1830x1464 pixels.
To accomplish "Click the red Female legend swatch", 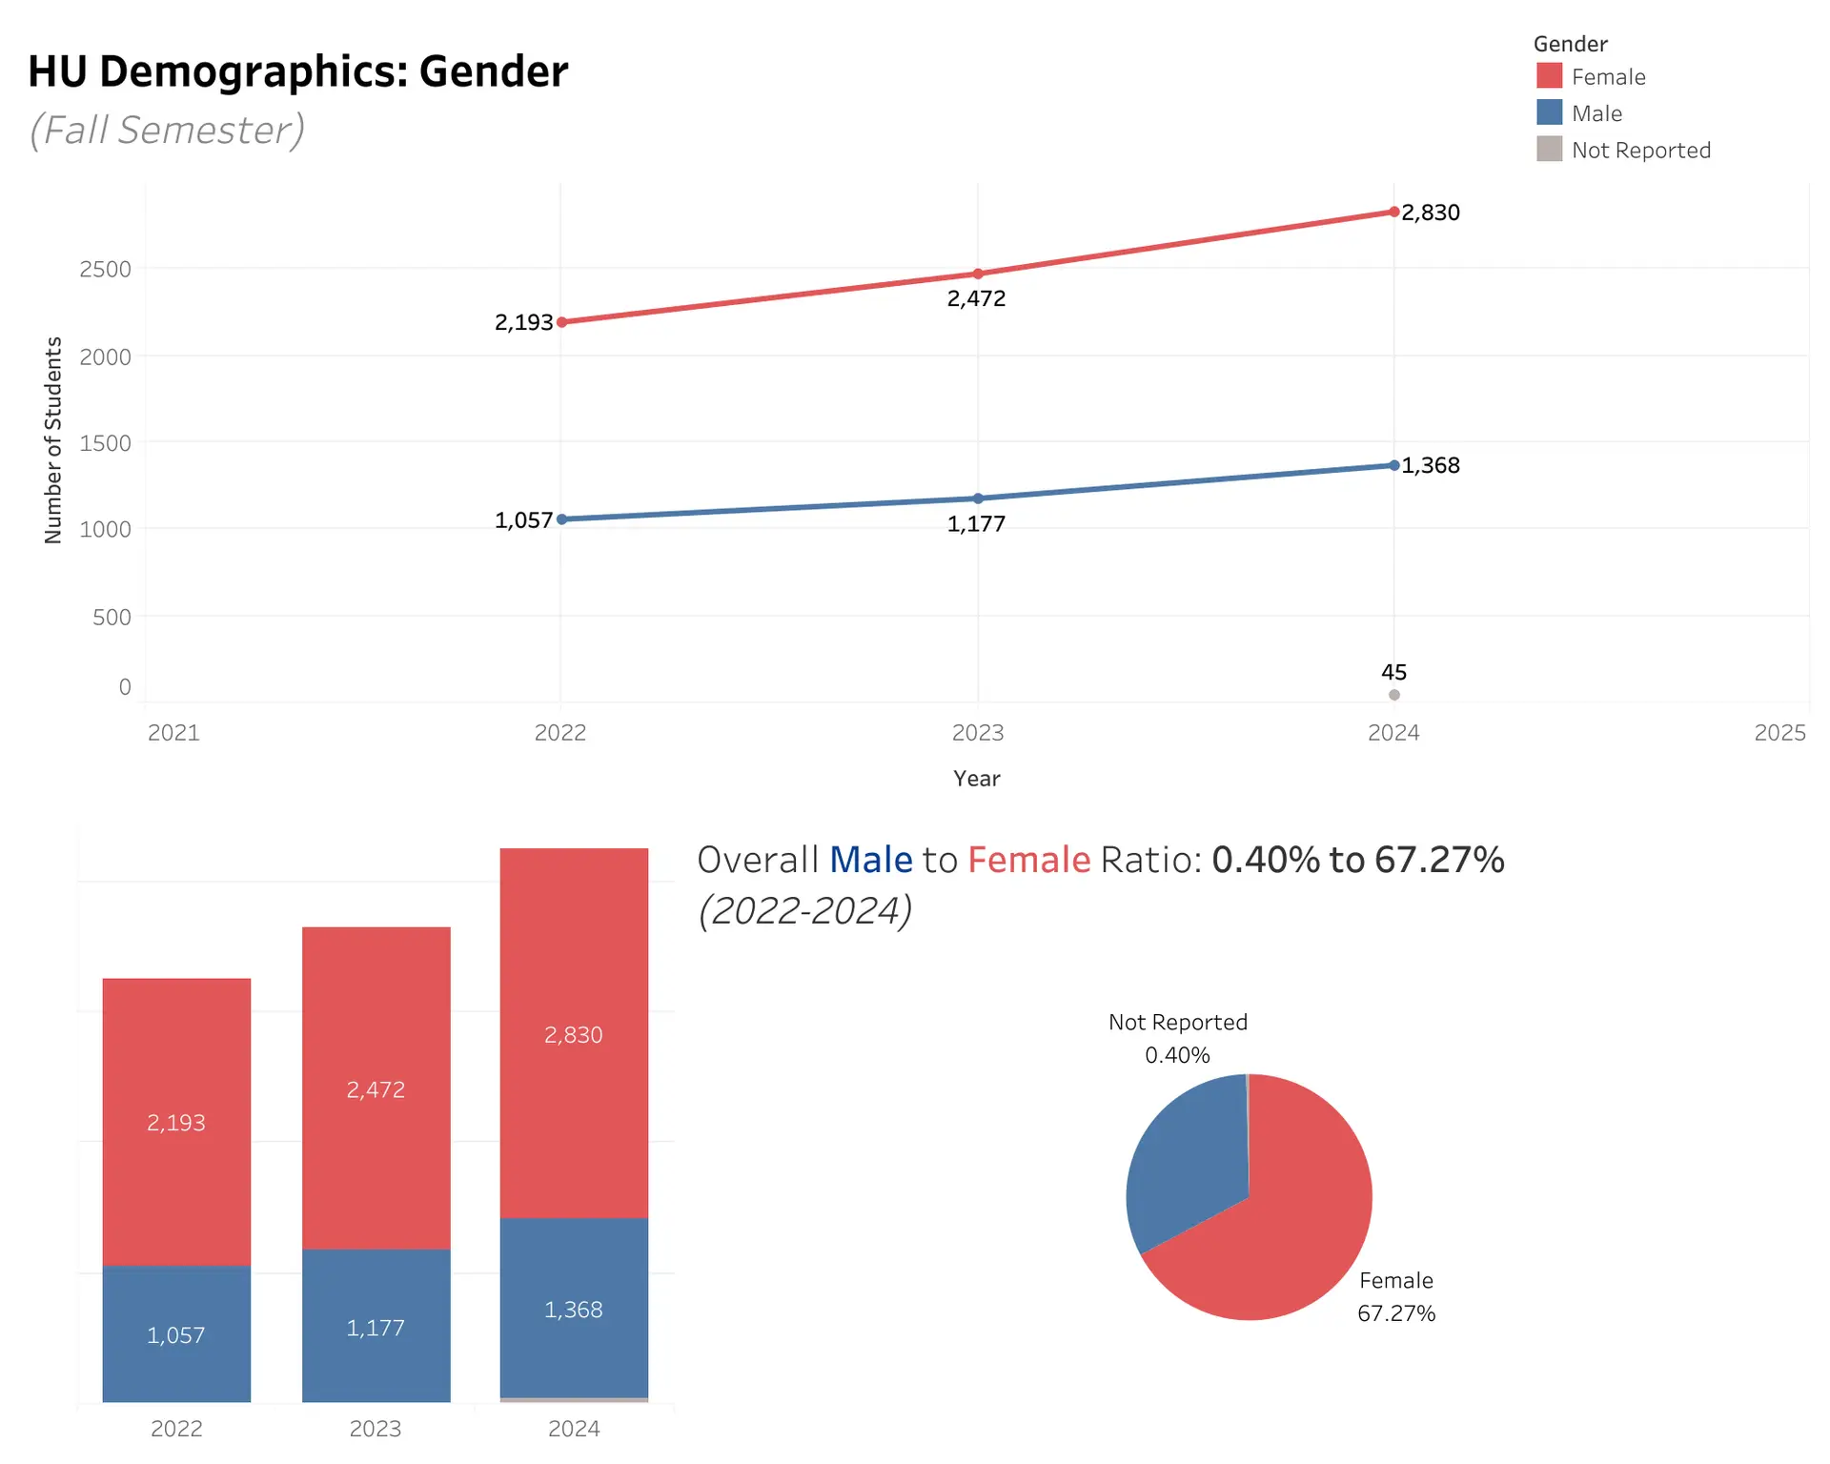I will pyautogui.click(x=1549, y=76).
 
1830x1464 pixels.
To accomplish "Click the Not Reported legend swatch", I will pyautogui.click(x=1549, y=150).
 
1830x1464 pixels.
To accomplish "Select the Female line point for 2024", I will pyautogui.click(x=1393, y=212).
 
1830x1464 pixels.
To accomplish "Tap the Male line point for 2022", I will pyautogui.click(x=561, y=519).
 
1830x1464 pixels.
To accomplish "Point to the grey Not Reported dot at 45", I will pyautogui.click(x=1393, y=695).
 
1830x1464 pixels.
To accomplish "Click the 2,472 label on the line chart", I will pyautogui.click(x=976, y=298).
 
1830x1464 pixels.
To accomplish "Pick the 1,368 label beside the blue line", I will pyautogui.click(x=1431, y=465).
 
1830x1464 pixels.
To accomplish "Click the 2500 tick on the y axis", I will pyautogui.click(x=106, y=269).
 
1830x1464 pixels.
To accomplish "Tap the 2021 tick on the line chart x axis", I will pyautogui.click(x=173, y=732).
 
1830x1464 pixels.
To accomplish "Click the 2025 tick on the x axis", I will pyautogui.click(x=1779, y=732).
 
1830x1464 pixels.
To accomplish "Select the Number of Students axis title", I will pyautogui.click(x=53, y=440).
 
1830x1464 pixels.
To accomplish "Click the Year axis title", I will pyautogui.click(x=976, y=779).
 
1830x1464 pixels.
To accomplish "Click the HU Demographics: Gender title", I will pyautogui.click(x=297, y=71).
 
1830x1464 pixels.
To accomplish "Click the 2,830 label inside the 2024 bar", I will pyautogui.click(x=573, y=1035).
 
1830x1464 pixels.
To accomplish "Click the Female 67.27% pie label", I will pyautogui.click(x=1395, y=1296).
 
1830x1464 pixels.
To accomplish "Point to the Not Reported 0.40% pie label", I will pyautogui.click(x=1177, y=1038).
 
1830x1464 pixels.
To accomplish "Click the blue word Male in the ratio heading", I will pyautogui.click(x=870, y=860).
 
